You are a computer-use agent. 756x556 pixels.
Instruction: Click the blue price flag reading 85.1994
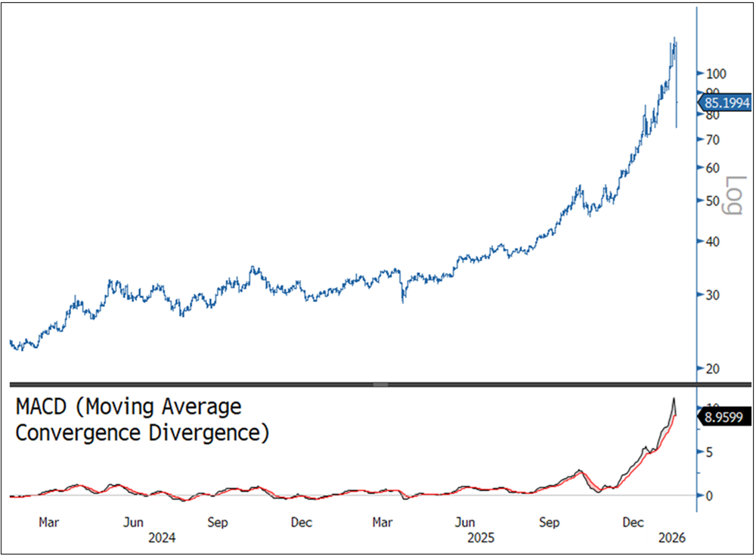coord(727,103)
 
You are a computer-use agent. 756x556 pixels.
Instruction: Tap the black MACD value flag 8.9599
coord(725,415)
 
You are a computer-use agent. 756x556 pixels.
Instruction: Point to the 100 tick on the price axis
coord(715,73)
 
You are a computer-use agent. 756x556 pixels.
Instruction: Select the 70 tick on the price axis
coord(712,139)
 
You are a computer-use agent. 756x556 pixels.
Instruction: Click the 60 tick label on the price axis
coord(712,168)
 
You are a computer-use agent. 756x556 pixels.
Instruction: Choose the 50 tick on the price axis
coord(712,201)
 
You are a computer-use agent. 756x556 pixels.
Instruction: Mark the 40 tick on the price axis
coord(712,242)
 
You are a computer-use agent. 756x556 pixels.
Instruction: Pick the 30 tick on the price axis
coord(712,295)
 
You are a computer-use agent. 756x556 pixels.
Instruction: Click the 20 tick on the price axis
coord(712,368)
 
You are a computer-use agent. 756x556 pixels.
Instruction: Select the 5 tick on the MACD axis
coord(708,452)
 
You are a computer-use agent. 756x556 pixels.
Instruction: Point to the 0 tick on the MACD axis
coord(708,495)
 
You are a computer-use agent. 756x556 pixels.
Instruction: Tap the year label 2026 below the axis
coord(671,538)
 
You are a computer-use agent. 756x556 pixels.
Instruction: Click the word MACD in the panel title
coord(46,408)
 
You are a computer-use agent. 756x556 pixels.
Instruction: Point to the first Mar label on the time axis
coord(49,523)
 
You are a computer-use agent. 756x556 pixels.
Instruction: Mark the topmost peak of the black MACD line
coord(673,398)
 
